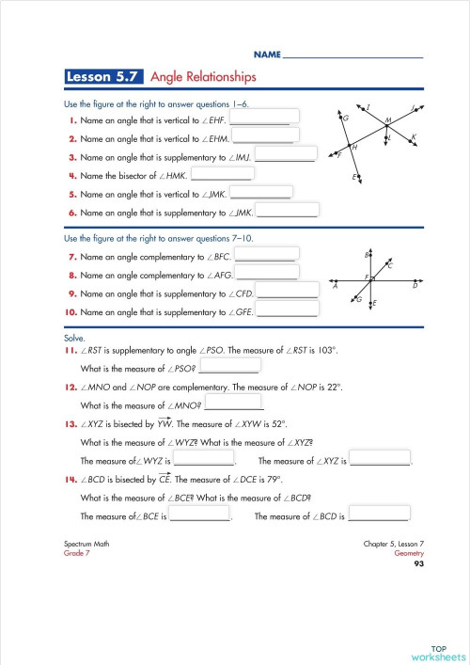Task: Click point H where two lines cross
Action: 350,145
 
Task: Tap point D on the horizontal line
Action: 415,279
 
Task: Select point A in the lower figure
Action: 336,279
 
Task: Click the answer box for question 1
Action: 264,118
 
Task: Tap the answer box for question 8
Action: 267,273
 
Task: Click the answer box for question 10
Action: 287,309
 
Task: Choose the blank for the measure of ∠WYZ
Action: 204,460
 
